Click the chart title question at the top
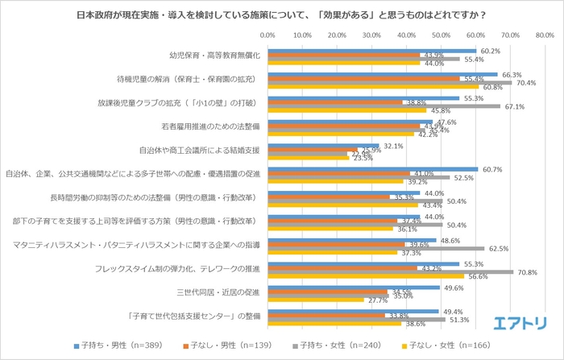click(x=282, y=14)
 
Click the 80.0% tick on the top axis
click(x=544, y=36)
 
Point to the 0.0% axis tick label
click(x=268, y=36)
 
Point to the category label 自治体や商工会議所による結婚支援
click(x=201, y=150)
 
